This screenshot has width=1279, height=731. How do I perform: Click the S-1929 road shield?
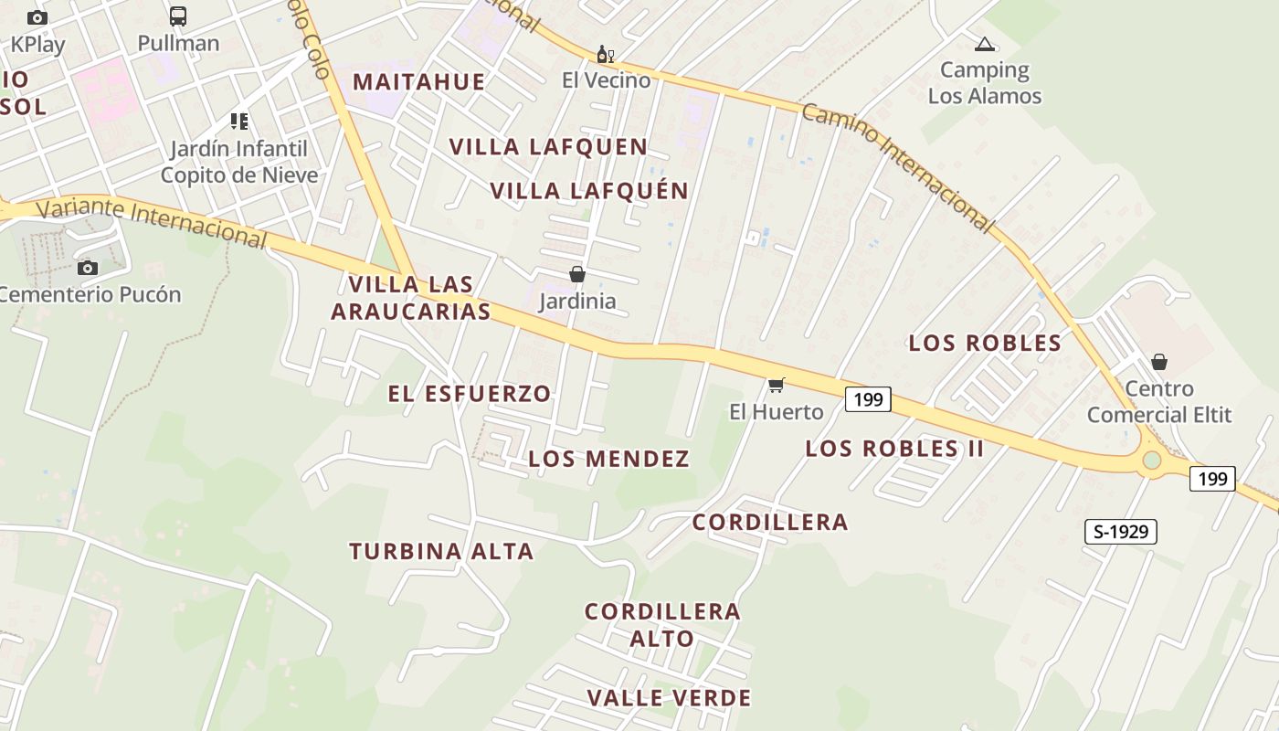pyautogui.click(x=1121, y=531)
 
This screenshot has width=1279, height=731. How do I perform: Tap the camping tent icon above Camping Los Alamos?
pyautogui.click(x=984, y=44)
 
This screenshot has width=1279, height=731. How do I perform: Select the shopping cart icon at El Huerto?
pyautogui.click(x=777, y=385)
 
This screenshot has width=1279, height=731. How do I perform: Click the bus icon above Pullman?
pyautogui.click(x=178, y=16)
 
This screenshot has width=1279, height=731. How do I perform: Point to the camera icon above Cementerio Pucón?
pyautogui.click(x=88, y=268)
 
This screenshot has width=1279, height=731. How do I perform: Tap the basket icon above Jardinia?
pyautogui.click(x=577, y=274)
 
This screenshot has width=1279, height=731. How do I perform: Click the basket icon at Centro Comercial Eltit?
pyautogui.click(x=1159, y=362)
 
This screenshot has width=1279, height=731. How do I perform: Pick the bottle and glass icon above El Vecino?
pyautogui.click(x=605, y=55)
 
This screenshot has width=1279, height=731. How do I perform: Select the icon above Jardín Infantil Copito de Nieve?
pyautogui.click(x=239, y=122)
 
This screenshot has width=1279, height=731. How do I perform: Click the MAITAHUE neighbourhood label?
pyautogui.click(x=419, y=81)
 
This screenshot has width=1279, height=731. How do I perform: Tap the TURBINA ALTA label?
pyautogui.click(x=441, y=551)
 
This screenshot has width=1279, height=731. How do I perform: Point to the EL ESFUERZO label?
pyautogui.click(x=470, y=394)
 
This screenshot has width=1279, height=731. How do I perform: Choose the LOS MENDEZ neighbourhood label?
pyautogui.click(x=608, y=459)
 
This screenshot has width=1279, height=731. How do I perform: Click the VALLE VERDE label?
pyautogui.click(x=669, y=698)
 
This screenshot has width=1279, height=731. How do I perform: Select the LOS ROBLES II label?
pyautogui.click(x=894, y=449)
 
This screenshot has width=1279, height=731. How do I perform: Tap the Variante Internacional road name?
pyautogui.click(x=152, y=221)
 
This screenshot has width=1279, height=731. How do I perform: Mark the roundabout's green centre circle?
pyautogui.click(x=1152, y=460)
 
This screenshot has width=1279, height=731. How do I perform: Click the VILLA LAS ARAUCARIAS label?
pyautogui.click(x=411, y=298)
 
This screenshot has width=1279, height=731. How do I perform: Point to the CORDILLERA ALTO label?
pyautogui.click(x=662, y=624)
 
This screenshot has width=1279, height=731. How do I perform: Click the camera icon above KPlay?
pyautogui.click(x=37, y=17)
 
